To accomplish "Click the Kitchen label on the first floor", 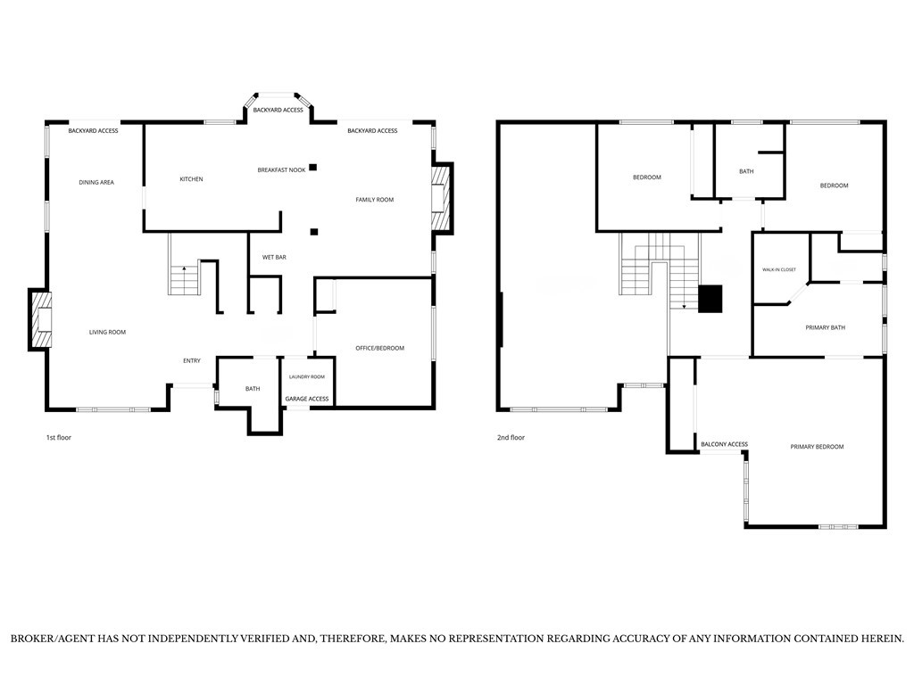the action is click(191, 178).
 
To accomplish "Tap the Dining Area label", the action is click(96, 182).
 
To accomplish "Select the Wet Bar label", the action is click(274, 257).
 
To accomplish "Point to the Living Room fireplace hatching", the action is click(41, 320).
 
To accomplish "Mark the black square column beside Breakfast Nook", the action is click(313, 167).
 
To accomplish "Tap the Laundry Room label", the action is click(307, 377).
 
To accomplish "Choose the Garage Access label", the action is click(307, 399).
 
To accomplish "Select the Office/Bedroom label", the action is click(379, 349).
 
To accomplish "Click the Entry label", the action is click(192, 361).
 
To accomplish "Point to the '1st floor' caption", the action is click(58, 437).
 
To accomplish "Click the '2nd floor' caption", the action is click(511, 437).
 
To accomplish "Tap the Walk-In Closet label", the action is click(778, 269).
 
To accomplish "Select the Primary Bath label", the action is click(825, 328).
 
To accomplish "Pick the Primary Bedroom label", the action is click(817, 447).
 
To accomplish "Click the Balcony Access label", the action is click(724, 444).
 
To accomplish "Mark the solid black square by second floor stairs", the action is click(710, 299).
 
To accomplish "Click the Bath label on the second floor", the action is click(746, 171).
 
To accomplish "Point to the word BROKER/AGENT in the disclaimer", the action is click(53, 639).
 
